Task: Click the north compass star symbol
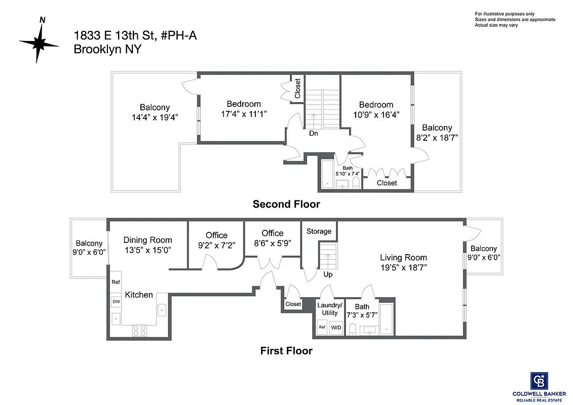pos(40,43)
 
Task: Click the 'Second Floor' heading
pos(286,205)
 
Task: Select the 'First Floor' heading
pos(286,350)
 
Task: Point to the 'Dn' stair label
pos(314,134)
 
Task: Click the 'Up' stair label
pos(328,274)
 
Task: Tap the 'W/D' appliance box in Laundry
pos(336,328)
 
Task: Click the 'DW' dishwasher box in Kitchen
pos(116,302)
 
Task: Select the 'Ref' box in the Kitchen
pos(116,282)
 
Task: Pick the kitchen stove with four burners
pos(139,331)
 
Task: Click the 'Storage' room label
pos(319,231)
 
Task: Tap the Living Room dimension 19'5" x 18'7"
pos(403,268)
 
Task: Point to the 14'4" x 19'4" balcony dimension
pos(155,117)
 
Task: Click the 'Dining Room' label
pos(147,240)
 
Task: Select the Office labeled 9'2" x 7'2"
pos(216,240)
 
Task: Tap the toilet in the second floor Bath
pos(356,182)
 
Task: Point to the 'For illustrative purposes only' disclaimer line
pos(504,14)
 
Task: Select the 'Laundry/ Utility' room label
pos(330,309)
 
